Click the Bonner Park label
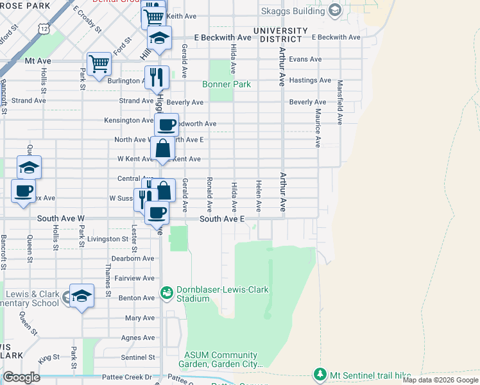tap(226, 84)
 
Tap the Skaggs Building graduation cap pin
tap(335, 10)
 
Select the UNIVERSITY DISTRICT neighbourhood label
tap(280, 35)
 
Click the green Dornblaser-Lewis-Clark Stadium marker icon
tap(167, 293)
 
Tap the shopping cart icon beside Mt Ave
tap(99, 64)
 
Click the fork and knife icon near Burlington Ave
tap(157, 77)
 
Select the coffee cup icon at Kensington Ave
tap(166, 124)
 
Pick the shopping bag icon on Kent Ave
tap(163, 149)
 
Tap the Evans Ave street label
tap(305, 59)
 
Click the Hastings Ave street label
tap(310, 80)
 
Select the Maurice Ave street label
tap(318, 125)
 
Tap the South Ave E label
tap(222, 219)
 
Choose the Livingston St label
tap(108, 239)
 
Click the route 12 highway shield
tap(43, 29)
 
